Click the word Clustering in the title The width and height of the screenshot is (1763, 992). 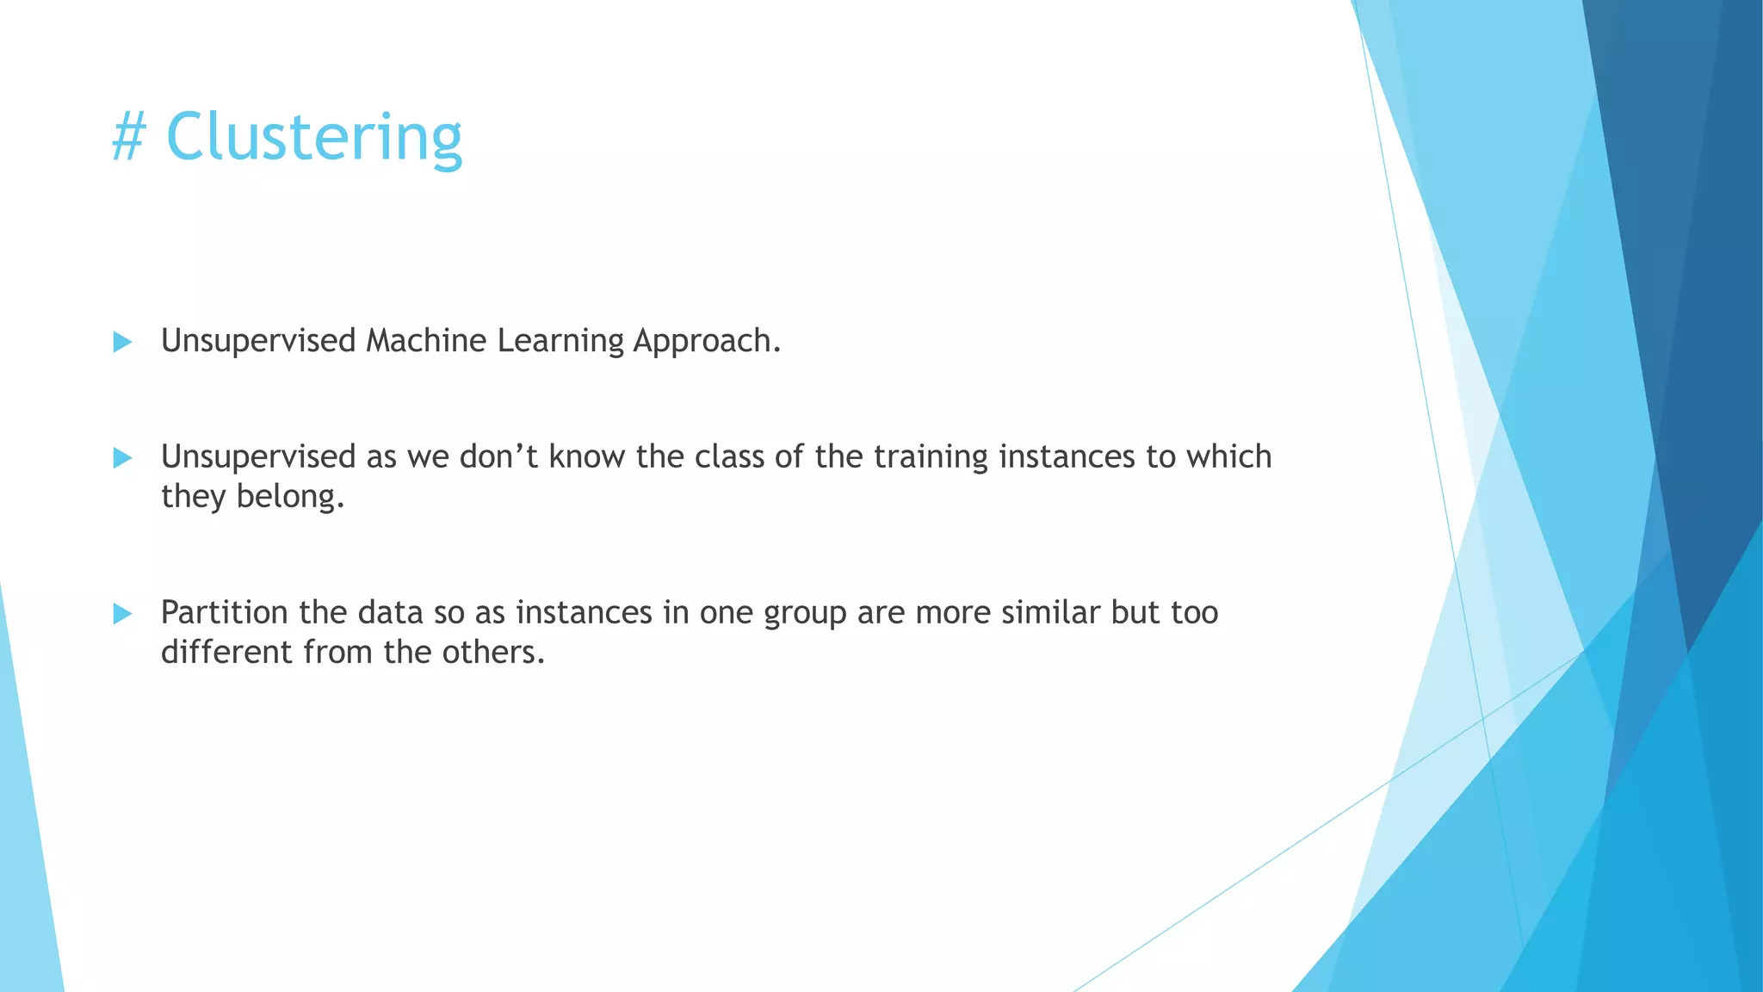(314, 138)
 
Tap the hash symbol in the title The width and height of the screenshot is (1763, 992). (129, 138)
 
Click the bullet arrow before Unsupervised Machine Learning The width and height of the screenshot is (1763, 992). (122, 342)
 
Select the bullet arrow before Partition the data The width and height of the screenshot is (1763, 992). (122, 613)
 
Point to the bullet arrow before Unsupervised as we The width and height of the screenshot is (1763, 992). (122, 457)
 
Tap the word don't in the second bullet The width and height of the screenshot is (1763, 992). (498, 456)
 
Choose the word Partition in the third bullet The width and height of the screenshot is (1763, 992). (225, 612)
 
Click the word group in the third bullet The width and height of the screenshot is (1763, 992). (805, 614)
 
